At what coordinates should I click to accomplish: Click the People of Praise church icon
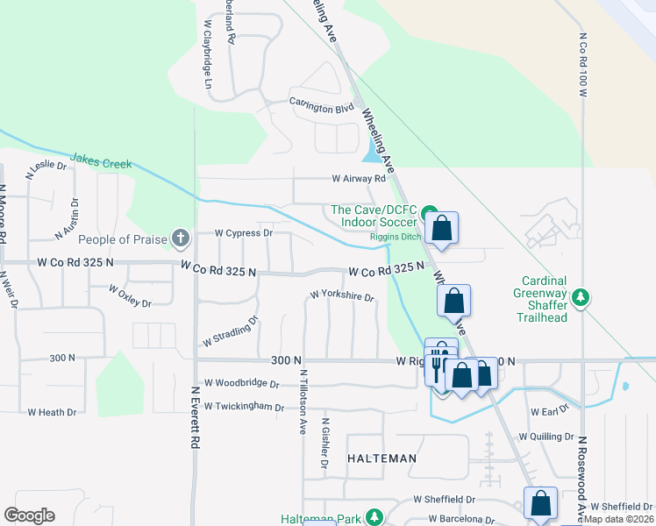click(x=180, y=238)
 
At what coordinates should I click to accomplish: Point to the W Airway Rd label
click(x=358, y=178)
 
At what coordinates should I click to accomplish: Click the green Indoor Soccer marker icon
click(x=429, y=213)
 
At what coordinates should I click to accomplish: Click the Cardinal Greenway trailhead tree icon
click(x=580, y=298)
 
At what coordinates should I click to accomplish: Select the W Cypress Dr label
click(x=244, y=233)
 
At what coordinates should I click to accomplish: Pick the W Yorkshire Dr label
click(x=342, y=296)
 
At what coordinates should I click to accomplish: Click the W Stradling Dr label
click(x=230, y=331)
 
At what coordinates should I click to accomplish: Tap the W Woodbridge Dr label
click(x=241, y=383)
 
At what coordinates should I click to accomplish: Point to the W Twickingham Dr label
click(x=244, y=408)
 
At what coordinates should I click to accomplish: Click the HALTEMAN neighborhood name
click(x=381, y=458)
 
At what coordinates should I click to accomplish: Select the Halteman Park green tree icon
click(x=375, y=517)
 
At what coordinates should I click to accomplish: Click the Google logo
click(x=29, y=515)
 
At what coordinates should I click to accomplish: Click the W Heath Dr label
click(x=53, y=411)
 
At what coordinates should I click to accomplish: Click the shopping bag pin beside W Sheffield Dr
click(x=540, y=502)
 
